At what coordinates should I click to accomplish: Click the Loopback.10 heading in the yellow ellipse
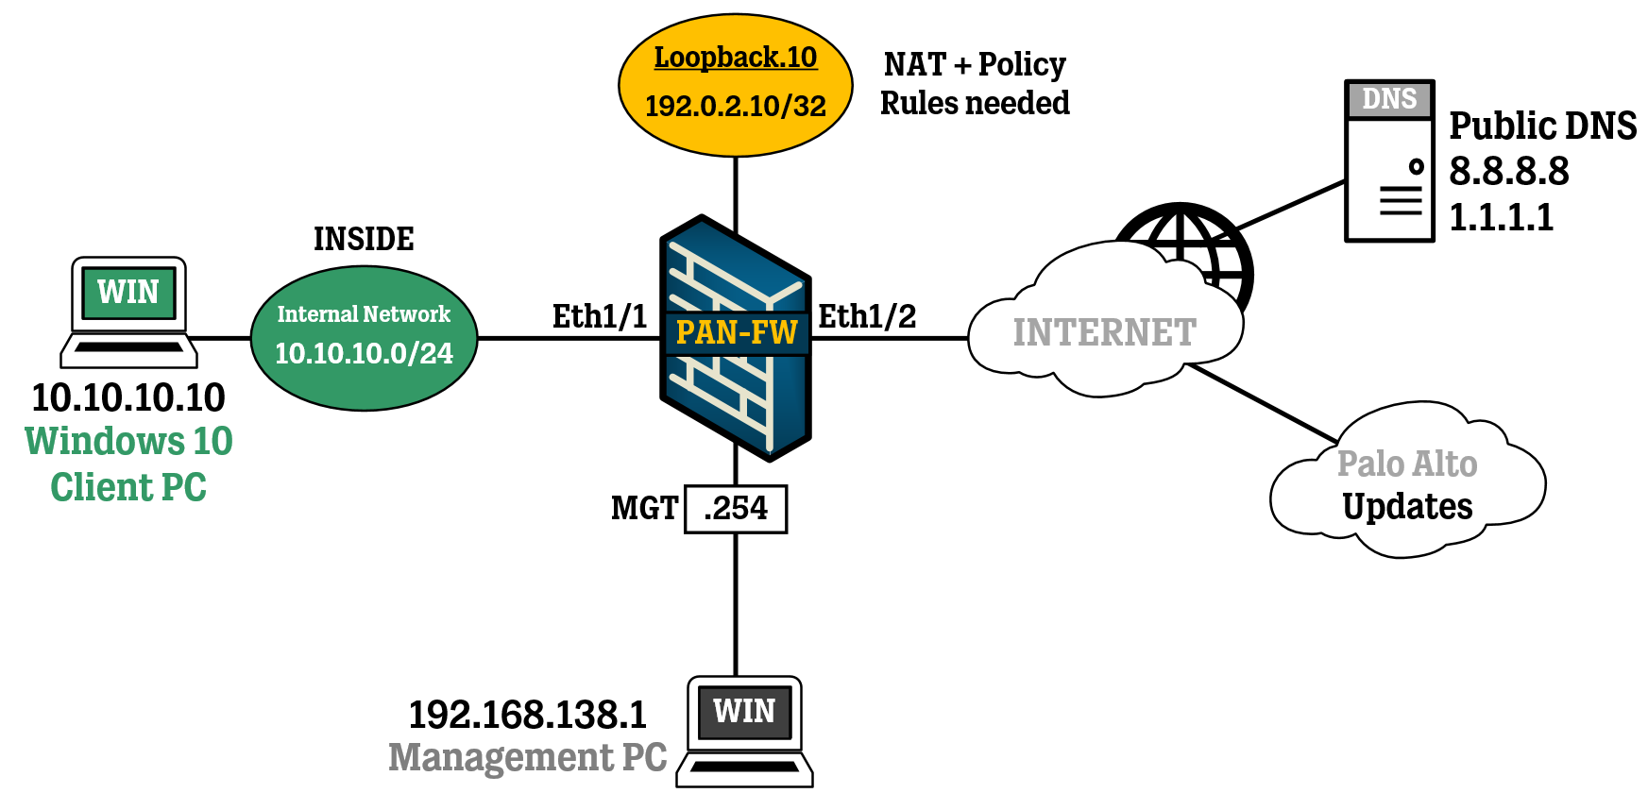click(735, 58)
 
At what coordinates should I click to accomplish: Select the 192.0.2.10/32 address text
click(735, 106)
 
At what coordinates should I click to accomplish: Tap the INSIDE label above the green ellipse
click(364, 239)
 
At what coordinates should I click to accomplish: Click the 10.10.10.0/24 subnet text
click(364, 353)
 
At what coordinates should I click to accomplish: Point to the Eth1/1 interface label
click(600, 316)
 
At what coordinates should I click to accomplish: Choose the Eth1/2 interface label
click(867, 316)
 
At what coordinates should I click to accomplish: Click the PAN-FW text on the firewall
click(737, 332)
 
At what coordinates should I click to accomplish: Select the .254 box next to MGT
click(736, 509)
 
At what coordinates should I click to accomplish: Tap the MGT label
click(644, 509)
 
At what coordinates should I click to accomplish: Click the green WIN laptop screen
click(128, 293)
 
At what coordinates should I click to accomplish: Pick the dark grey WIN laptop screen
click(744, 711)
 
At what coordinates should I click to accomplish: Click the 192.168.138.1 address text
click(527, 715)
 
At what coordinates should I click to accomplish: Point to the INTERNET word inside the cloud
click(1104, 332)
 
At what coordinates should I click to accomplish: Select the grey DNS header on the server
click(1389, 98)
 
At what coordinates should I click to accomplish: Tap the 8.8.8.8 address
click(1508, 171)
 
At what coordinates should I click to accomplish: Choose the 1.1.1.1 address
click(1501, 217)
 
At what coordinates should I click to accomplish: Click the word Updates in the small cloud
click(1407, 507)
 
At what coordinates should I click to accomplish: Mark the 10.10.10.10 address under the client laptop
click(128, 397)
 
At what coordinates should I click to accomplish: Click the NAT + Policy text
click(975, 64)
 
